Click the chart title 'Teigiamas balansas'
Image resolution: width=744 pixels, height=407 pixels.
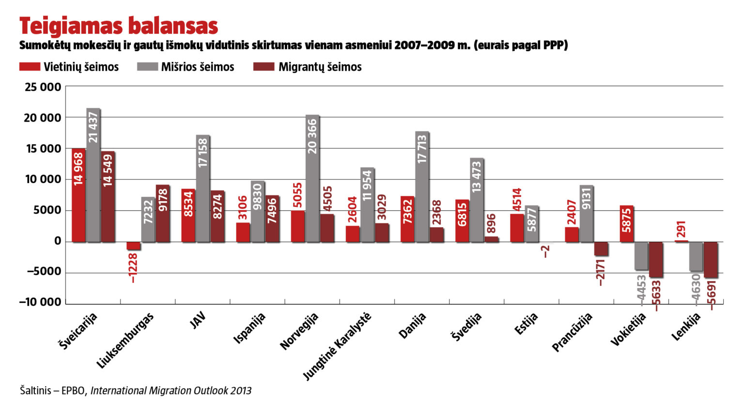119,26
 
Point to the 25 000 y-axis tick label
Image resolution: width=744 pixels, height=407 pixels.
43,87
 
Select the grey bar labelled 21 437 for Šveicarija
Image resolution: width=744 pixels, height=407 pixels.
93,174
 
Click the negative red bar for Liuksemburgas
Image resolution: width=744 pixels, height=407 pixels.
133,246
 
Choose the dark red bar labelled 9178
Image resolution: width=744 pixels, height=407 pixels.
163,213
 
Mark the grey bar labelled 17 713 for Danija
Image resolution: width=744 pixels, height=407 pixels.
422,187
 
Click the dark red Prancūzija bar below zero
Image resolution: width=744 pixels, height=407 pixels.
601,249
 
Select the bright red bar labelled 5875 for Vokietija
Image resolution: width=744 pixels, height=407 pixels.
627,223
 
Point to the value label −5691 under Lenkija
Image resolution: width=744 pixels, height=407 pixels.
711,295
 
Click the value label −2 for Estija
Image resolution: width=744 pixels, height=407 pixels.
546,251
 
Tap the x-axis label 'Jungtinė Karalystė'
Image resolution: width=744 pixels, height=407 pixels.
338,346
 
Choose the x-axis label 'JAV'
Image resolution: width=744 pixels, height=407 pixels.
198,321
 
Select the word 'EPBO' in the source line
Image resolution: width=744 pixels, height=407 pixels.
74,391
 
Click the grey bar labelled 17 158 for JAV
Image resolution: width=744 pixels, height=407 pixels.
203,188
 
